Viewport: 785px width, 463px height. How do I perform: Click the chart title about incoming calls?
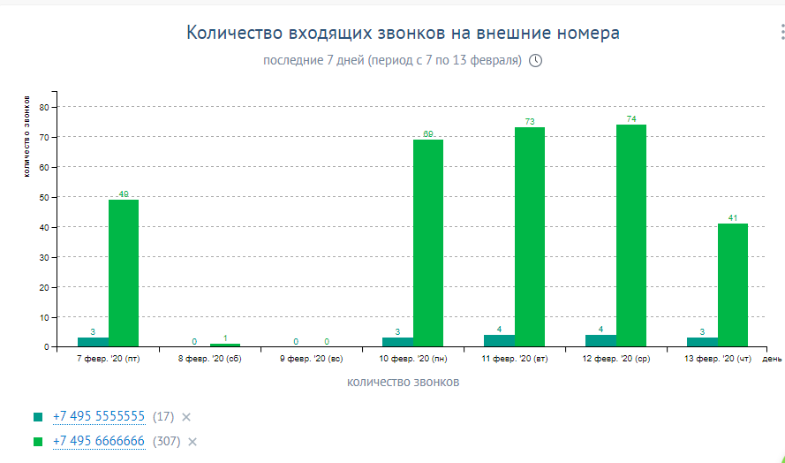click(403, 34)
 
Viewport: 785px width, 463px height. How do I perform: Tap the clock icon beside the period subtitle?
click(534, 61)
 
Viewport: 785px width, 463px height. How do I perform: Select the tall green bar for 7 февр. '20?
click(124, 273)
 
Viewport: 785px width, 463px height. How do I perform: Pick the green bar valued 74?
click(631, 235)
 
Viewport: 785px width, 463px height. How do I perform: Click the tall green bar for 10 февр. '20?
click(428, 243)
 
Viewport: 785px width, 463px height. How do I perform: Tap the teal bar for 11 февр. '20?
click(499, 341)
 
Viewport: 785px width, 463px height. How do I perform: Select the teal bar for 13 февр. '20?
click(702, 342)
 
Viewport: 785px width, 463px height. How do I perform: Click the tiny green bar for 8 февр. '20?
click(225, 345)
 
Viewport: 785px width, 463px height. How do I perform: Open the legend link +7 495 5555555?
click(99, 416)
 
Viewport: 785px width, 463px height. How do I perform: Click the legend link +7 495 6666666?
click(99, 441)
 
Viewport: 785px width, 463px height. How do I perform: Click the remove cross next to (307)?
click(192, 442)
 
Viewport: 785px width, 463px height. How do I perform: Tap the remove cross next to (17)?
click(186, 417)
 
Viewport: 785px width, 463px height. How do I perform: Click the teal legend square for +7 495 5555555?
click(38, 416)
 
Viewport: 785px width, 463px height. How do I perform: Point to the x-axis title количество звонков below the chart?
click(404, 383)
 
